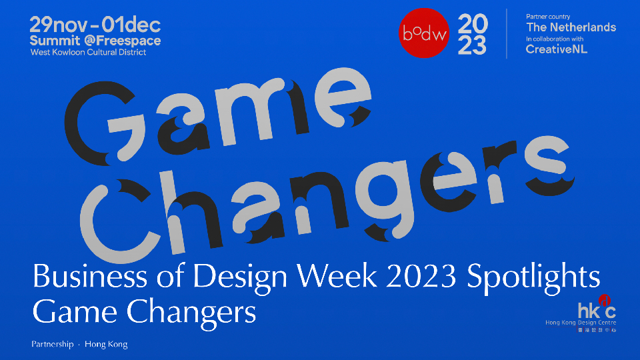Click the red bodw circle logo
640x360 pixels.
point(423,33)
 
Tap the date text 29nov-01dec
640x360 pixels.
point(95,26)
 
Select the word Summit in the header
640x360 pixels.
point(53,41)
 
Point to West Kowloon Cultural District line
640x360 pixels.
point(88,52)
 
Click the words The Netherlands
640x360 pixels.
point(571,27)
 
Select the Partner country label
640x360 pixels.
point(548,17)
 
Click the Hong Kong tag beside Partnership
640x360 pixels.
point(106,345)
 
